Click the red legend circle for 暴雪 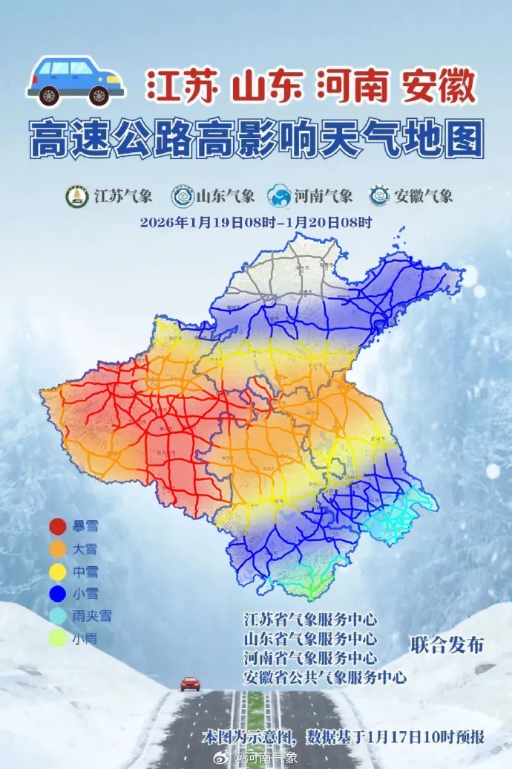click(58, 527)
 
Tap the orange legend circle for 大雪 click(58, 549)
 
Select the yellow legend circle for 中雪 click(58, 571)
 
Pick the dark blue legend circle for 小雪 click(58, 594)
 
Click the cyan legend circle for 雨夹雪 click(58, 616)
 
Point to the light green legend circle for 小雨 click(58, 638)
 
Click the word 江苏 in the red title click(181, 88)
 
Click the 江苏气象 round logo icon click(77, 196)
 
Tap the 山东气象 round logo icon click(181, 196)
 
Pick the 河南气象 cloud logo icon click(280, 196)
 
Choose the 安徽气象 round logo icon click(379, 196)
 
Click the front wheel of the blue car click(99, 95)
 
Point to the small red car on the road click(190, 684)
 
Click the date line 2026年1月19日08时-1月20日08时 click(256, 221)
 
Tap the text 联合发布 click(447, 645)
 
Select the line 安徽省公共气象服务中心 click(325, 677)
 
